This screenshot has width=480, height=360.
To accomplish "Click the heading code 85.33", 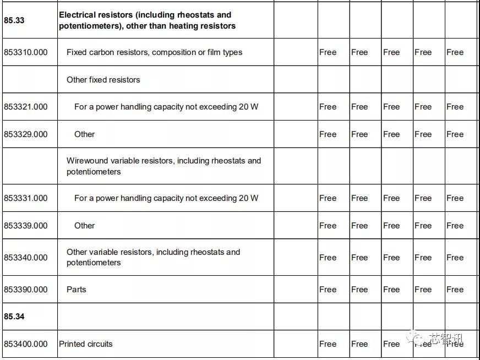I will [x=14, y=20].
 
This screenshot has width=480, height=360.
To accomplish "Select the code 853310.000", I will [x=26, y=52].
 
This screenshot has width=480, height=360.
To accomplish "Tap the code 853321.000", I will [x=26, y=107].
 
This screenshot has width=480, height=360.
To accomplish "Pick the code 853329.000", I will [x=26, y=134].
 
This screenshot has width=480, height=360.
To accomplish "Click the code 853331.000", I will [x=26, y=198].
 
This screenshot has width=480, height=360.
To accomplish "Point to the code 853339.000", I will [x=26, y=226].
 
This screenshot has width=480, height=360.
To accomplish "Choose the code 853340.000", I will [x=26, y=258].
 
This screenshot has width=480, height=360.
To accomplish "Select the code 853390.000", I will [x=26, y=290].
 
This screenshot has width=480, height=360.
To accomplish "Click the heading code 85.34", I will [x=14, y=317].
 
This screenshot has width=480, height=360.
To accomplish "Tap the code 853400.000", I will [x=26, y=344].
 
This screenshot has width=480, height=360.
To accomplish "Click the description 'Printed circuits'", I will [x=86, y=344].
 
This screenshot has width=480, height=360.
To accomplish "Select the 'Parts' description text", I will [x=77, y=290].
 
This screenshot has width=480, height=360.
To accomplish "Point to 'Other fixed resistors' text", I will [x=103, y=80].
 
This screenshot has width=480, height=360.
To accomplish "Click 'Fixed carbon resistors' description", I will [x=154, y=52].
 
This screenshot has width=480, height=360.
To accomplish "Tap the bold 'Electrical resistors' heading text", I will [x=145, y=20].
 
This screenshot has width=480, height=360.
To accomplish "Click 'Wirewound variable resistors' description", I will [x=163, y=166].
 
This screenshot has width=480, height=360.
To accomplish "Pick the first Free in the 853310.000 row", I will [x=328, y=52].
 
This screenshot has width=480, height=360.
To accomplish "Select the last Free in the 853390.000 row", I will [x=455, y=290].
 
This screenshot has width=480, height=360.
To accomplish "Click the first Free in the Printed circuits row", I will [x=328, y=344].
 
